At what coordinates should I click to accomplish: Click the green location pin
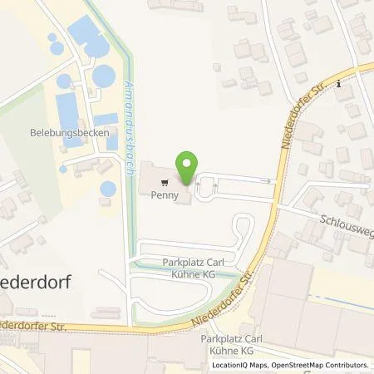(188, 166)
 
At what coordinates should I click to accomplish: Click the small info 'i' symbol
(342, 82)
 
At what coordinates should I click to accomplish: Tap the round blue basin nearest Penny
(108, 189)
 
